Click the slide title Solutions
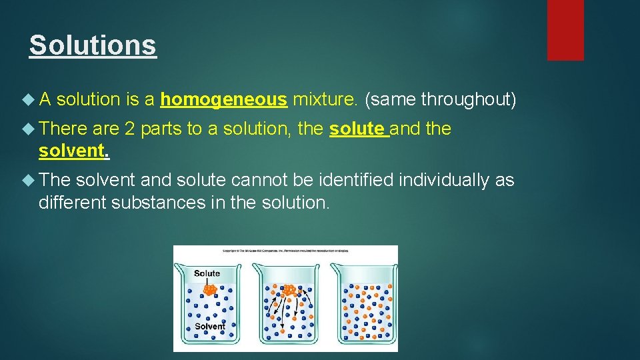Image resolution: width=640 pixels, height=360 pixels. coord(93,45)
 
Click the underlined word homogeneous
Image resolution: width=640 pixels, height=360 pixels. coord(223,100)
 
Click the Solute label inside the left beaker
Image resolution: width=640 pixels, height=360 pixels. coord(207,273)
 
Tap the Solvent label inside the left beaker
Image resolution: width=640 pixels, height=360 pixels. coord(209,327)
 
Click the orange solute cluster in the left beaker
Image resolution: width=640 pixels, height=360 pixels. coord(209,289)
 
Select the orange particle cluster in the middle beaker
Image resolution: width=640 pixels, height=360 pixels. coord(289,290)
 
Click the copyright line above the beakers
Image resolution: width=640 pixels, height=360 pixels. coord(285,251)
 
